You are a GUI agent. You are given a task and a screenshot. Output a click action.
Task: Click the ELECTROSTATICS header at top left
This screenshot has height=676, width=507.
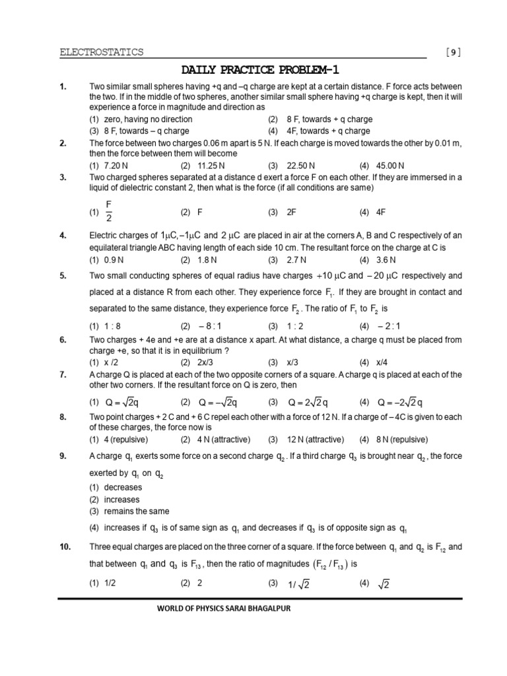tap(101, 52)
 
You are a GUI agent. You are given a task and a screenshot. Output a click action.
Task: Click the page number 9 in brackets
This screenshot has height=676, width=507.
tap(454, 52)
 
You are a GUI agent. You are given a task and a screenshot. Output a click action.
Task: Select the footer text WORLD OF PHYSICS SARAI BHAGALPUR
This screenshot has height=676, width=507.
tap(220, 608)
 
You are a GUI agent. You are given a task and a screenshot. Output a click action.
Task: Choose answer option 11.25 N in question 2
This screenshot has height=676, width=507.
tap(212, 165)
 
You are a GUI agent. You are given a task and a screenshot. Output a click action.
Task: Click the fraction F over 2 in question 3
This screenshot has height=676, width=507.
tap(109, 213)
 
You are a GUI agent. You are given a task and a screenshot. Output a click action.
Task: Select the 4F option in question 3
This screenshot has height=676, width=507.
tap(381, 213)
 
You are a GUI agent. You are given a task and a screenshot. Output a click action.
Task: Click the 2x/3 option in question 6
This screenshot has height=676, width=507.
tap(209, 362)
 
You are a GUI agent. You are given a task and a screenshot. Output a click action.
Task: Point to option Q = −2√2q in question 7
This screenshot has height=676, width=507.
tap(400, 402)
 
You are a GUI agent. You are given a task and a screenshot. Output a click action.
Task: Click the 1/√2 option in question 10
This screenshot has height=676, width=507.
tap(300, 584)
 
